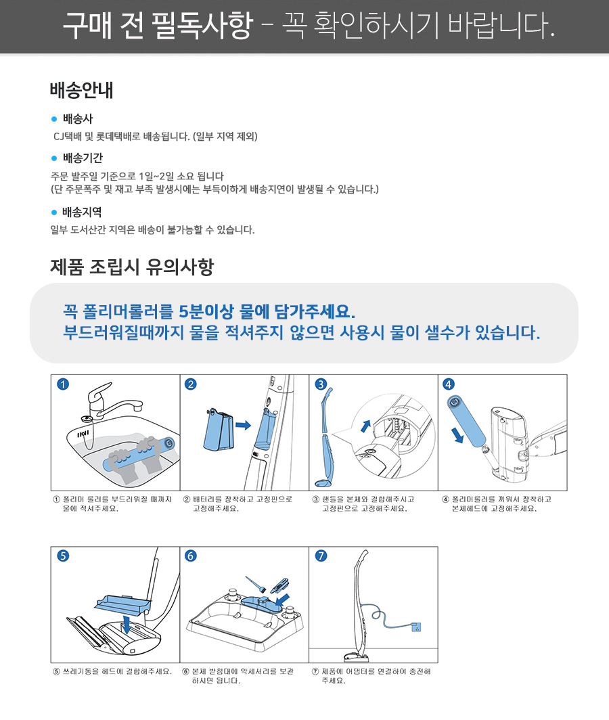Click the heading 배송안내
(x=81, y=90)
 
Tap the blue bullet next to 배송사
(x=53, y=119)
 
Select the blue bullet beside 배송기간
(x=53, y=158)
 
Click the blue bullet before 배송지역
(x=53, y=212)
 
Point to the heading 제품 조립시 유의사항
(x=132, y=267)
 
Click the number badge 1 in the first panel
(x=63, y=384)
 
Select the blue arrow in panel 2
(x=243, y=425)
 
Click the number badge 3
(x=321, y=384)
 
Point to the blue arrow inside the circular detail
(x=365, y=426)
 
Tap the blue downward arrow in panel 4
(x=458, y=435)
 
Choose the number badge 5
(x=63, y=556)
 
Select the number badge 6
(x=191, y=556)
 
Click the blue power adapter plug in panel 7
(x=416, y=627)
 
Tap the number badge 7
(x=321, y=556)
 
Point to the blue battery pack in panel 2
(x=219, y=429)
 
